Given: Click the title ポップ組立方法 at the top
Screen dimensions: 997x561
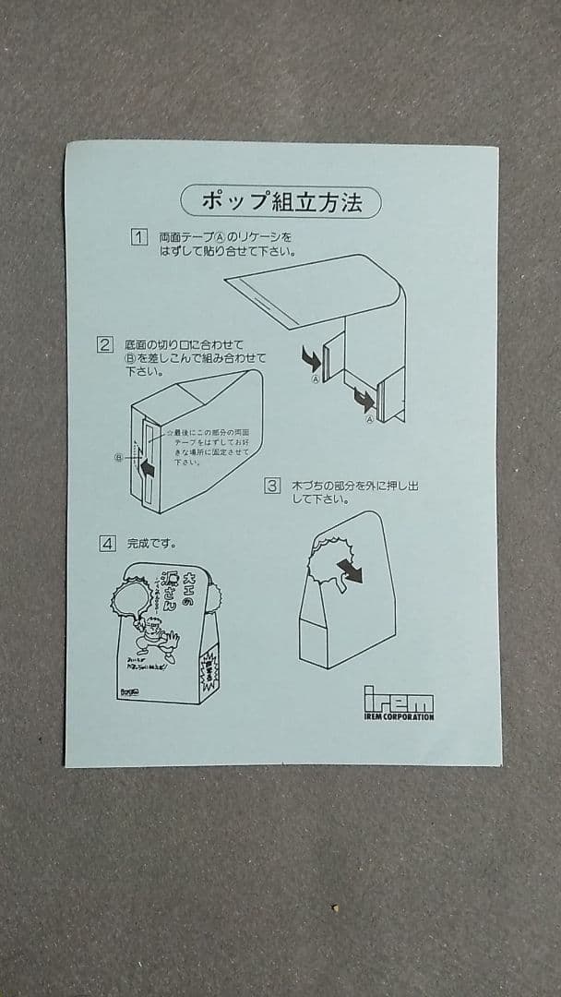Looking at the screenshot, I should pyautogui.click(x=280, y=201).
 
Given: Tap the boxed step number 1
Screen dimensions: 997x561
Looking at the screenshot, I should pyautogui.click(x=139, y=237).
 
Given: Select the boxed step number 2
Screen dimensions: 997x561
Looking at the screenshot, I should pyautogui.click(x=106, y=345).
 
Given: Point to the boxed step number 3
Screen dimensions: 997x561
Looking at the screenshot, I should pyautogui.click(x=272, y=486).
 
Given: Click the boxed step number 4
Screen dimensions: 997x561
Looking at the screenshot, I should pyautogui.click(x=108, y=543).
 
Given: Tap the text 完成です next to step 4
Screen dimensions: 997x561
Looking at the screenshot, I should pyautogui.click(x=151, y=543).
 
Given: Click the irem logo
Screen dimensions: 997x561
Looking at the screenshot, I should pyautogui.click(x=398, y=697).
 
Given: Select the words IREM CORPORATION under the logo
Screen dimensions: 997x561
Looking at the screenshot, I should pyautogui.click(x=398, y=716).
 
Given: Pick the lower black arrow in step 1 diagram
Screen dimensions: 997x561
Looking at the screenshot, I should pyautogui.click(x=364, y=401).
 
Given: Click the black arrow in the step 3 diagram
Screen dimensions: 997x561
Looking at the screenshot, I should pyautogui.click(x=349, y=571).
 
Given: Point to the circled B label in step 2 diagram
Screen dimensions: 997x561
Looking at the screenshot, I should pyautogui.click(x=118, y=457).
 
